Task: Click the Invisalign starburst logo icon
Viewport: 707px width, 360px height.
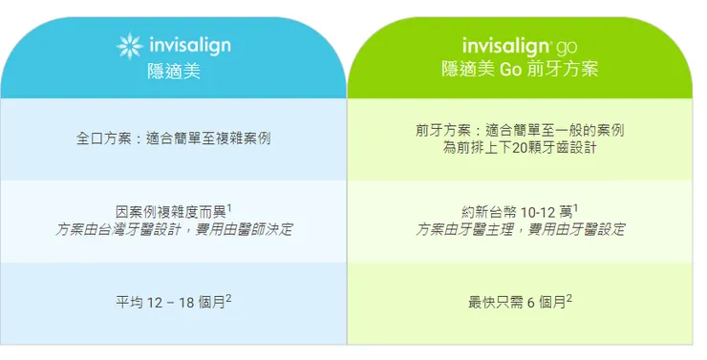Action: coord(131,45)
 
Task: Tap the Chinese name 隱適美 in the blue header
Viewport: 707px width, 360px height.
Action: coord(173,69)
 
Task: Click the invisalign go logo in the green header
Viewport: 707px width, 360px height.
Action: coord(519,45)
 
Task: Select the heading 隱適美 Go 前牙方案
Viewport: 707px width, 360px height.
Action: coord(520,70)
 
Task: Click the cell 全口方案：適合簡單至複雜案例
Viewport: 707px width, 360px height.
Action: coord(173,138)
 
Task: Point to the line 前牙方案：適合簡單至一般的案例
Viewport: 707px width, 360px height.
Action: coord(520,129)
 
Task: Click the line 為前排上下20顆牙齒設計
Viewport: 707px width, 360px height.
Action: coord(520,147)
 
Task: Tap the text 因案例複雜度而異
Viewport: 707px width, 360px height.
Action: coord(170,212)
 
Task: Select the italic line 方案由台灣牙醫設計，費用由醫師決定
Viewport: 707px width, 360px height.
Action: coord(174,230)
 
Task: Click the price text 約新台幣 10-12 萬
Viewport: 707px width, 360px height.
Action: coord(516,212)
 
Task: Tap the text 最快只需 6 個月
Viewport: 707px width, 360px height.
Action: coord(516,303)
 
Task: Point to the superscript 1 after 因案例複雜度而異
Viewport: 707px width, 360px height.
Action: coord(230,206)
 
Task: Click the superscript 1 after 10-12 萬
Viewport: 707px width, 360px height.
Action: coord(576,206)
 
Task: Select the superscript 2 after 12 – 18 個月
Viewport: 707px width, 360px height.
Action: coord(229,298)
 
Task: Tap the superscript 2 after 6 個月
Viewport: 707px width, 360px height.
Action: coord(569,298)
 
